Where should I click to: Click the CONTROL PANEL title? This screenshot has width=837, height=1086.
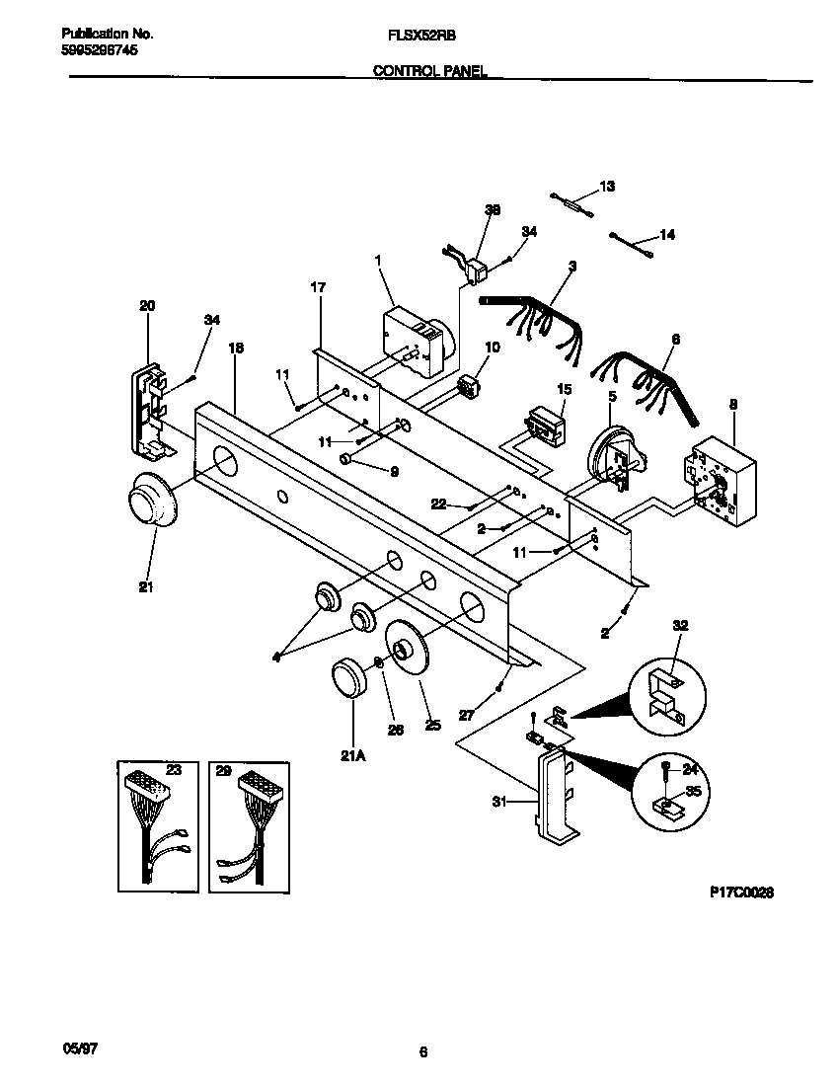tap(429, 71)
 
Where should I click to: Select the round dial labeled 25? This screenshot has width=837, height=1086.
tap(406, 651)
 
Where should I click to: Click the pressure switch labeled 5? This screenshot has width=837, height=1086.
tap(613, 459)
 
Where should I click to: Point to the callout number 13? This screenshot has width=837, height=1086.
tap(607, 187)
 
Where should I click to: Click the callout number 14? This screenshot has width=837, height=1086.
tap(667, 235)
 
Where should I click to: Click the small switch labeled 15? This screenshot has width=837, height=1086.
tap(546, 425)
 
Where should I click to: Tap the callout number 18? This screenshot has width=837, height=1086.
tap(235, 349)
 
